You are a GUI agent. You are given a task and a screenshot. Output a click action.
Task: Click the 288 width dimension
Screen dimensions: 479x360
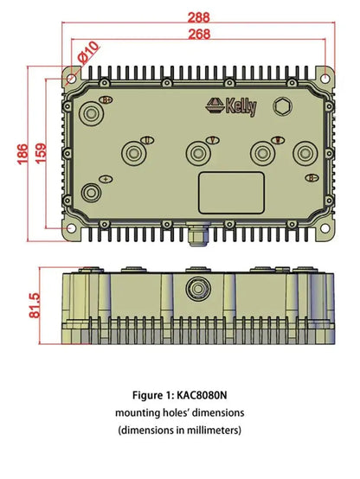(199, 16)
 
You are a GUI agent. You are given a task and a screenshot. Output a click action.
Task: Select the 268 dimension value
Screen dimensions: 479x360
(198, 34)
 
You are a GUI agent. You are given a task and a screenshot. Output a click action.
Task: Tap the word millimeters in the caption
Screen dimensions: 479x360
(209, 429)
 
